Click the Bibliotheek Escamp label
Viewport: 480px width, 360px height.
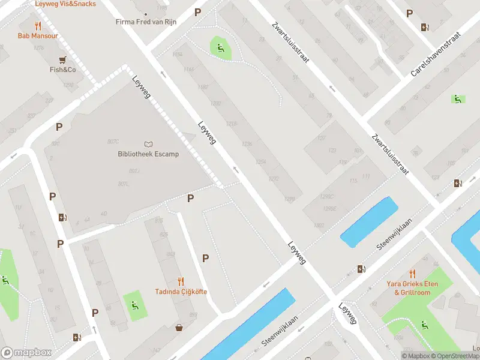coord(148,154)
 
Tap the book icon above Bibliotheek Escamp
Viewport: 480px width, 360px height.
coord(149,144)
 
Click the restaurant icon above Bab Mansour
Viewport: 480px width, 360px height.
coord(38,26)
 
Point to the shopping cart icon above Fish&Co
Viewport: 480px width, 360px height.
coord(62,60)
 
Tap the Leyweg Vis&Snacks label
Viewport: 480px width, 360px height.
coord(65,4)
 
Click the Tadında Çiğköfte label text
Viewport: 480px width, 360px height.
coord(181,292)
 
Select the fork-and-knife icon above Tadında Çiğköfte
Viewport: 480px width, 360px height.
coord(181,281)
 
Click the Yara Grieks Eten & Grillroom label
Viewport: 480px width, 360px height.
coord(412,288)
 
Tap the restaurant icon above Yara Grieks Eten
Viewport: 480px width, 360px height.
coord(412,273)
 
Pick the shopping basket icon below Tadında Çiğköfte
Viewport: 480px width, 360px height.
coord(179,328)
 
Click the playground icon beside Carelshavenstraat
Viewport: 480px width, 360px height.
coord(457,99)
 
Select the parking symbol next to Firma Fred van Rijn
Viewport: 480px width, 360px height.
coord(198,13)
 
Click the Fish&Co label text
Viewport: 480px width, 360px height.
coord(62,70)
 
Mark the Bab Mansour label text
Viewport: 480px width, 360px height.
coord(38,36)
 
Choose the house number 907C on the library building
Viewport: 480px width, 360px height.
coord(113,142)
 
